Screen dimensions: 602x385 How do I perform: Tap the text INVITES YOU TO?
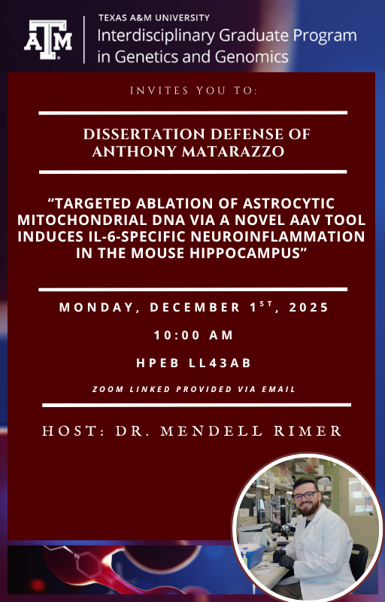[193, 91]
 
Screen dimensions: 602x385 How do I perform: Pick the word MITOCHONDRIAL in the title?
[117, 220]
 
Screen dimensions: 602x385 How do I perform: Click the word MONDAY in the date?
[95, 308]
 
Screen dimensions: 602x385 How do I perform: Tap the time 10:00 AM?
[193, 336]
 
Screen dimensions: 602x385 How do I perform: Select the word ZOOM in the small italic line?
[107, 389]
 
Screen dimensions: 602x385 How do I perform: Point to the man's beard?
[309, 510]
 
